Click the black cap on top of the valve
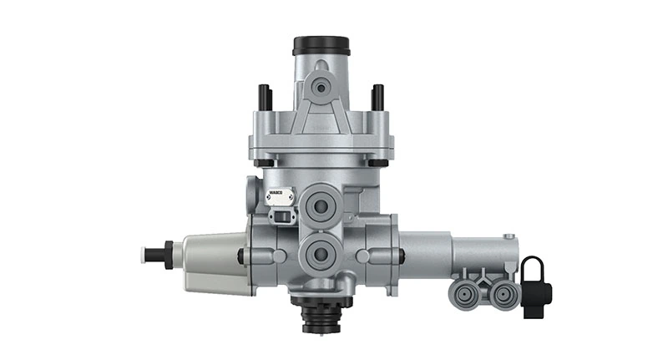[x=320, y=44]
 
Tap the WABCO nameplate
[x=278, y=197]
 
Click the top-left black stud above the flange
[x=265, y=97]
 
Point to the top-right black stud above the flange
[x=377, y=97]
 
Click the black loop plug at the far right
[x=534, y=284]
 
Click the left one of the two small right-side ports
[x=464, y=292]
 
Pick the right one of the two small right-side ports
[x=503, y=292]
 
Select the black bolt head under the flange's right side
[x=378, y=162]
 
